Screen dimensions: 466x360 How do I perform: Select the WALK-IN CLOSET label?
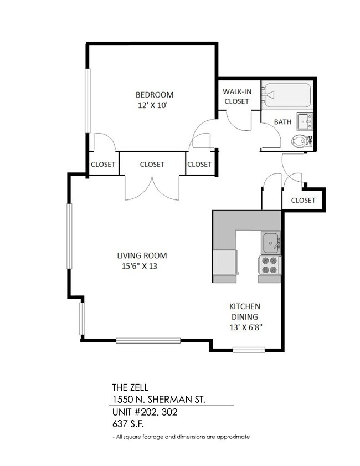[235, 96]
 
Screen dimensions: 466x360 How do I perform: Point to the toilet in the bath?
[301, 140]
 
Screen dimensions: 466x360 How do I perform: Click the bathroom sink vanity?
[305, 120]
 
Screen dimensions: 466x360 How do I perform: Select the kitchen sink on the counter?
[271, 242]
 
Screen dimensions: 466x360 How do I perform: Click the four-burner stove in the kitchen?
[270, 265]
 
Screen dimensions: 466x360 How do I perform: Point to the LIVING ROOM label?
[142, 255]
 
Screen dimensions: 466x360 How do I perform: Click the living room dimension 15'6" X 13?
[142, 266]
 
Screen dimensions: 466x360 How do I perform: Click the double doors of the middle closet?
[152, 187]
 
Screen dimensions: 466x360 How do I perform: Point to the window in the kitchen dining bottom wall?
[249, 349]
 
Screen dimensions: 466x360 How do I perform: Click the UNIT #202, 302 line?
[145, 413]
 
